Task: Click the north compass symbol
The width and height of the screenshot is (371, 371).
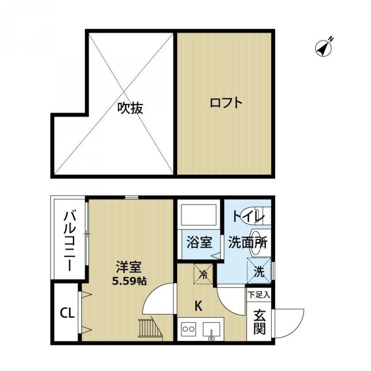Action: (325, 47)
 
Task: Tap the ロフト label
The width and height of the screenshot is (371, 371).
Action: (226, 102)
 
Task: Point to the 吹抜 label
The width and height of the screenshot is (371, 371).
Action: (130, 108)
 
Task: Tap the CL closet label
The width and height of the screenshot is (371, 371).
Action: (67, 313)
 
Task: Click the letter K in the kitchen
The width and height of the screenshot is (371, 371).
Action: (198, 306)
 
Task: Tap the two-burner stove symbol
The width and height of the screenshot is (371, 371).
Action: (189, 330)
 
